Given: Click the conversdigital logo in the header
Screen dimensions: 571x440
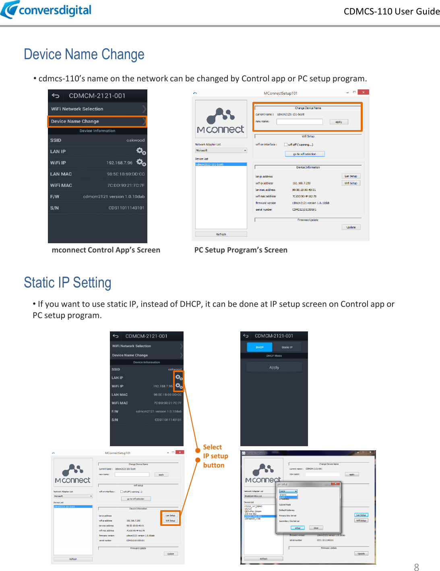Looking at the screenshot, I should (x=46, y=10).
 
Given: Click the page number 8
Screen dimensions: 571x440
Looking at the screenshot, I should (x=416, y=567).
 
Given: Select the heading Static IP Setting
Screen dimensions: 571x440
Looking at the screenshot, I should (x=67, y=283).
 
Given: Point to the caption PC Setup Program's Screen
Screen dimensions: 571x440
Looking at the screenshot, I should (x=241, y=250).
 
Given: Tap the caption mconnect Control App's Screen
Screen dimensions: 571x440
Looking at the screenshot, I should (x=106, y=250).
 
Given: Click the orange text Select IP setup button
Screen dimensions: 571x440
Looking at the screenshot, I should (x=215, y=456).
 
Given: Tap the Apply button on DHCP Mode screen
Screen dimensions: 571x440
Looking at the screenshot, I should (x=274, y=367).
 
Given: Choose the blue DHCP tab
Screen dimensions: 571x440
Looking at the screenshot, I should (x=260, y=347).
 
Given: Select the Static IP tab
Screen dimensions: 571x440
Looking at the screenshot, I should (x=287, y=347).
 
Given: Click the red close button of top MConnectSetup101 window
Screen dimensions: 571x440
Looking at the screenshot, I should (x=363, y=92).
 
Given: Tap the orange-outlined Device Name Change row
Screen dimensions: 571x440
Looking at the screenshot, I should (x=97, y=121).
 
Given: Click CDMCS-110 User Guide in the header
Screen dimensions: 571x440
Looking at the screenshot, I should (x=391, y=11).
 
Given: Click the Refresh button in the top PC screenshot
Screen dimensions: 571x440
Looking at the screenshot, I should (x=221, y=234).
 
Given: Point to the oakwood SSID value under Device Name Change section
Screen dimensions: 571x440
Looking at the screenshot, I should (x=135, y=140).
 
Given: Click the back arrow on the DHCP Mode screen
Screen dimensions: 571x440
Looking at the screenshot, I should (x=246, y=336).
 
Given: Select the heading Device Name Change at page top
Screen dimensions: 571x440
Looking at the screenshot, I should (x=84, y=54).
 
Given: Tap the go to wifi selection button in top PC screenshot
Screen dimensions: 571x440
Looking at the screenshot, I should (x=304, y=154).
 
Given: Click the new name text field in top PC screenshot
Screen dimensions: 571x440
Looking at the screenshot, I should (x=300, y=122).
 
